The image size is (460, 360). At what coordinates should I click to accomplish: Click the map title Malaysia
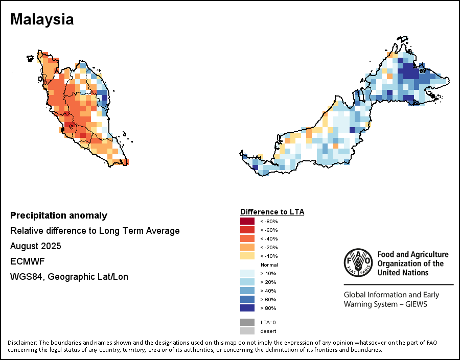[42, 19]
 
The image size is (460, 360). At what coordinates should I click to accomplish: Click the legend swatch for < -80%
[247, 221]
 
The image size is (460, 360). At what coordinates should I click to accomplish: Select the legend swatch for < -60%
[247, 230]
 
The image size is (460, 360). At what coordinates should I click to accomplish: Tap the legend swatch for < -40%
[247, 238]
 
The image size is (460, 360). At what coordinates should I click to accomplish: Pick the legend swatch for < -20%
[247, 247]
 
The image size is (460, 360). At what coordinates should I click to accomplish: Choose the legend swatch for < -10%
[247, 256]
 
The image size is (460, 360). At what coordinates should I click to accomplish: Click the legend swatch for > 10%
[247, 273]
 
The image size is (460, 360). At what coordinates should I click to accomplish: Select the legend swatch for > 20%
[247, 282]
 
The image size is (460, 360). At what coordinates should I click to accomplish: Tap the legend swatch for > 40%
[247, 291]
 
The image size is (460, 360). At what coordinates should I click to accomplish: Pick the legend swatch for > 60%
[247, 299]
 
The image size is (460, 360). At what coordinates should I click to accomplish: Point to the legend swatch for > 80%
[247, 308]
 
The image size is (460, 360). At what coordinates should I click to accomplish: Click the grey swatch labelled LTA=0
[247, 322]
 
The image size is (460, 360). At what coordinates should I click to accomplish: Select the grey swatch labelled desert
[247, 331]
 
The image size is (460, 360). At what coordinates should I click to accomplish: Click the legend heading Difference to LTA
[272, 211]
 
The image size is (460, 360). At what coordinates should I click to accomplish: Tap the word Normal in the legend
[269, 265]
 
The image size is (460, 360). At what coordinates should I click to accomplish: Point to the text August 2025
[36, 246]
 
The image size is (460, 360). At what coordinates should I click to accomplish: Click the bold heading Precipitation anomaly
[59, 215]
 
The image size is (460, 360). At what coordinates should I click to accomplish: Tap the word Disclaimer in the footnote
[22, 342]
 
